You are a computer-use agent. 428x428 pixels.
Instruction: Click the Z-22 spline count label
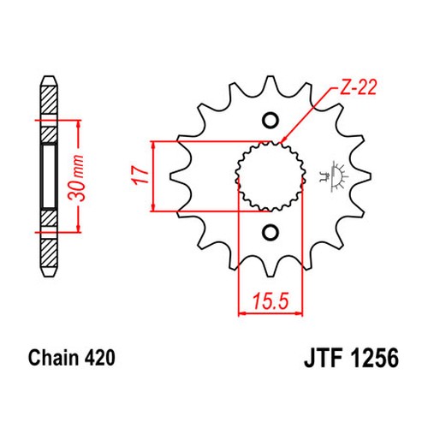(x=358, y=87)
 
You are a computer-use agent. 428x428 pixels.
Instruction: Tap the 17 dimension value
(x=140, y=175)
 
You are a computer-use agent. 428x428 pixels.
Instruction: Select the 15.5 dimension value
(x=270, y=301)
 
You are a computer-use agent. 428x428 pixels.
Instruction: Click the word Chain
(x=53, y=358)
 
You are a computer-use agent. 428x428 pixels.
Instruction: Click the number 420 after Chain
(x=100, y=358)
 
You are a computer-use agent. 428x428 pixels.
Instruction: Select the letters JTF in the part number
(x=324, y=358)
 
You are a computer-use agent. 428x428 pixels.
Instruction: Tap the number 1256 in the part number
(x=375, y=358)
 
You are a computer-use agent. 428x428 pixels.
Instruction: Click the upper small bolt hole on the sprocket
(x=270, y=120)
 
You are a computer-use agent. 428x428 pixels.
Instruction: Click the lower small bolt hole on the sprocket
(x=270, y=233)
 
